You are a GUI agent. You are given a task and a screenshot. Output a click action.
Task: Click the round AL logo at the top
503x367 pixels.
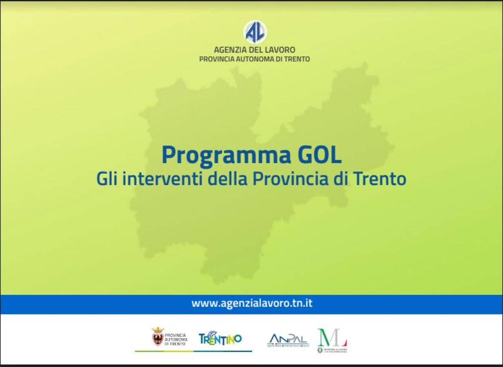(x=255, y=32)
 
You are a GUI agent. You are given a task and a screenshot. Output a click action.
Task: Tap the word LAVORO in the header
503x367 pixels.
(x=280, y=50)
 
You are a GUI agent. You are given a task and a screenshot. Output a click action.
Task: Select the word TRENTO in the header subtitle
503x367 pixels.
(x=297, y=59)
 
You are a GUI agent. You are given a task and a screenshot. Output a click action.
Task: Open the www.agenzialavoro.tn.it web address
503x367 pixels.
(x=252, y=303)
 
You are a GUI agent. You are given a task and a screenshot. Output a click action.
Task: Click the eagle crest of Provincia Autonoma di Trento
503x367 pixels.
(x=158, y=337)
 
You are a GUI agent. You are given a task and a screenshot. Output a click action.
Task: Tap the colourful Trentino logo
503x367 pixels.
(x=220, y=338)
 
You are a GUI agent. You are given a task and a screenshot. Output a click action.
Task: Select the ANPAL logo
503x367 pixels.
(x=288, y=339)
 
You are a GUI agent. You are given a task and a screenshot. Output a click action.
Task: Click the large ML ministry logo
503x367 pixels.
(x=332, y=337)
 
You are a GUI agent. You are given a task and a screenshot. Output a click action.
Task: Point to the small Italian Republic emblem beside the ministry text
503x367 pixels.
(x=320, y=350)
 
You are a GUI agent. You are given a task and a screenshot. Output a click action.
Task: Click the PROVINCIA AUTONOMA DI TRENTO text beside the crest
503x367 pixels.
(x=175, y=339)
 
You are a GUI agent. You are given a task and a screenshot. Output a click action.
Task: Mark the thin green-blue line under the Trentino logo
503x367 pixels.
(x=193, y=351)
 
